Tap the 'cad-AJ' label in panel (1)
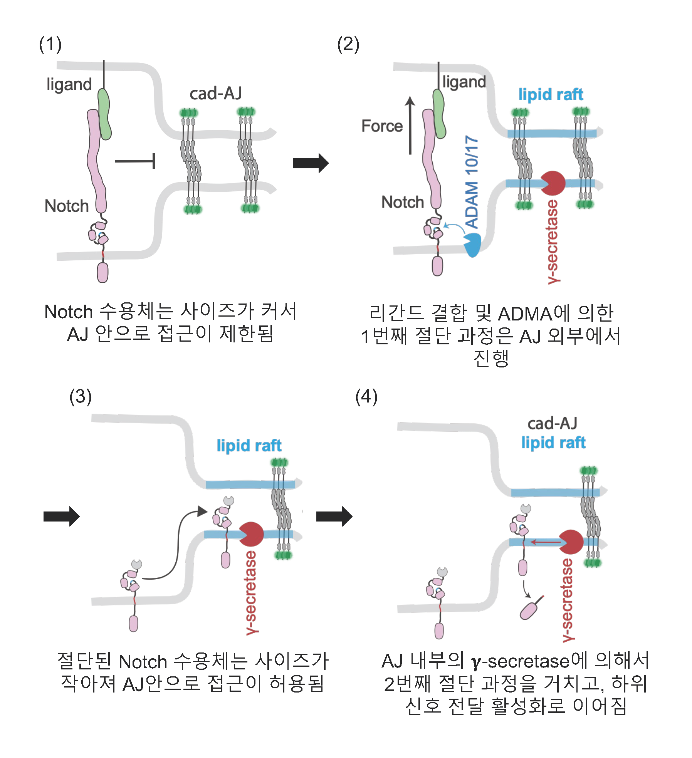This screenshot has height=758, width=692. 216,94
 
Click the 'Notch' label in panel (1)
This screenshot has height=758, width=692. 67,206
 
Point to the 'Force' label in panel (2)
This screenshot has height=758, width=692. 382,126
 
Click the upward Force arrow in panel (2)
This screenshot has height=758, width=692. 410,125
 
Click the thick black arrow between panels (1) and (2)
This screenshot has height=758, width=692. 310,163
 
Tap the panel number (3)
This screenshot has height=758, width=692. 81,396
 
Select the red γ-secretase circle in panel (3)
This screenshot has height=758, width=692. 252,534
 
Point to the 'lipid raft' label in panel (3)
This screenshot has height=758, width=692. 249,446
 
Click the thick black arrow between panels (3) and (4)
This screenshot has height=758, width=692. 334,516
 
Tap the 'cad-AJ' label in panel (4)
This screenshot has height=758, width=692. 552,423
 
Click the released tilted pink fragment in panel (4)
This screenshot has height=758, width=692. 529,610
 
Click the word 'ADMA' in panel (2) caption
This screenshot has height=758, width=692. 525,314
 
